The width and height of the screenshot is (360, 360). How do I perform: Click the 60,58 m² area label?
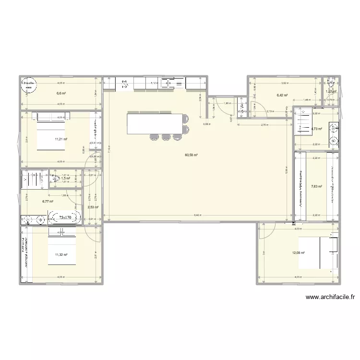192,155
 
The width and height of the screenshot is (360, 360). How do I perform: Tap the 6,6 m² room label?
61,94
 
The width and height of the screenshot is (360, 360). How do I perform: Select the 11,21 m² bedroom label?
61,139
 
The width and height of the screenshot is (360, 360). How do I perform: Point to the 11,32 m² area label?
61,255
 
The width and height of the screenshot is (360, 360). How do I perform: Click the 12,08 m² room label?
299,252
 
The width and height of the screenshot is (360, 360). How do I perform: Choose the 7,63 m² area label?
316,187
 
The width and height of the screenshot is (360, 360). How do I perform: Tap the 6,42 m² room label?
282,96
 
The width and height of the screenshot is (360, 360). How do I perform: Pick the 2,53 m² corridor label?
93,207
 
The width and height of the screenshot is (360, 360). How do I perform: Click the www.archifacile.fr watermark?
329,298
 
